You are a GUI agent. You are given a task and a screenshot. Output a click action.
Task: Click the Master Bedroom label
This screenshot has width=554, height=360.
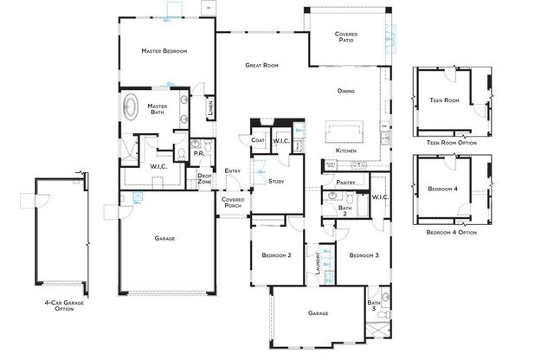pos(164,51)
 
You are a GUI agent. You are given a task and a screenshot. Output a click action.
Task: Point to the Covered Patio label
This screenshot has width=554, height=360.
pos(347,37)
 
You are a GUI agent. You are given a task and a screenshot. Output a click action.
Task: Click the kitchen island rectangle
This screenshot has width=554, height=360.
pos(344,132)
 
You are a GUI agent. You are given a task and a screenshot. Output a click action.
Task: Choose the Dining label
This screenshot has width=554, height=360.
pos(347,91)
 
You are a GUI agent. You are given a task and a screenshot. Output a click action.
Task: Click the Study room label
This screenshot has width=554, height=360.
pos(277,181)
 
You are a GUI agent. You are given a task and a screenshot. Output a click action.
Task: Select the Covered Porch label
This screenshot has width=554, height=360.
pos(233,202)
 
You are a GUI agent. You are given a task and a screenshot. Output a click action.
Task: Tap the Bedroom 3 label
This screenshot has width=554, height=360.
pos(364,255)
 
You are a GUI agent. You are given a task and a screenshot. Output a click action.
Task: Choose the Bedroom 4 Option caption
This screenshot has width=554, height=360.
pos(451,232)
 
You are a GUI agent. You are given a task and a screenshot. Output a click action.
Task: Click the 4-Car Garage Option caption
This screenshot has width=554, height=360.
pos(58,305)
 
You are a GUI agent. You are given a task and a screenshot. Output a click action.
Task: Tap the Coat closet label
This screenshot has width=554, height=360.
pos(258,140)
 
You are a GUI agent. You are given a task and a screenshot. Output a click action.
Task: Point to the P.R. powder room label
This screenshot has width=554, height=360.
pos(198,154)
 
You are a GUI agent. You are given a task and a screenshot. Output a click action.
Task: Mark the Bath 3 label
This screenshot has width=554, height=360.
pos(373,304)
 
